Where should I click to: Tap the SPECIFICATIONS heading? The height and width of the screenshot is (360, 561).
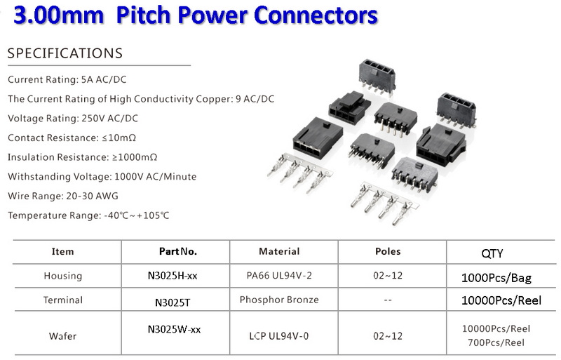click(65, 53)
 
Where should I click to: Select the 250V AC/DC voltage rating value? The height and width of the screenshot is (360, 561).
click(110, 118)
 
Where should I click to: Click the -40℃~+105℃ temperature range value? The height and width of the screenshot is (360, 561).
click(136, 215)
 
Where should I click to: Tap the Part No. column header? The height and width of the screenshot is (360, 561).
click(178, 251)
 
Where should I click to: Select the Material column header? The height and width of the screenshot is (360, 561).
click(279, 251)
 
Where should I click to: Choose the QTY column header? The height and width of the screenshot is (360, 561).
click(492, 253)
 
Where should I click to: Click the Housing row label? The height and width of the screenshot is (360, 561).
click(63, 276)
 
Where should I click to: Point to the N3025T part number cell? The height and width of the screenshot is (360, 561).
click(173, 302)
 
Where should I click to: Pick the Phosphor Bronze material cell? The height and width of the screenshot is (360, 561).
click(279, 300)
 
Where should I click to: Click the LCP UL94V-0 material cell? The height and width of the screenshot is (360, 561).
click(278, 336)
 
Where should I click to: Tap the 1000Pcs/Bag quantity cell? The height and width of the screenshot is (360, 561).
click(496, 278)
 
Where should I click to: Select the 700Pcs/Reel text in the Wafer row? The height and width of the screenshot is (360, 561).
click(496, 342)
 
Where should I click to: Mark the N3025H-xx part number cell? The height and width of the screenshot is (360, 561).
click(173, 276)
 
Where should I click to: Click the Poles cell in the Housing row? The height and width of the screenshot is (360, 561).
click(388, 276)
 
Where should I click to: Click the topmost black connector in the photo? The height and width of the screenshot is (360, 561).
click(377, 77)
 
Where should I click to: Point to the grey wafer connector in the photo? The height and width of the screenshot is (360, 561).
click(414, 175)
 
